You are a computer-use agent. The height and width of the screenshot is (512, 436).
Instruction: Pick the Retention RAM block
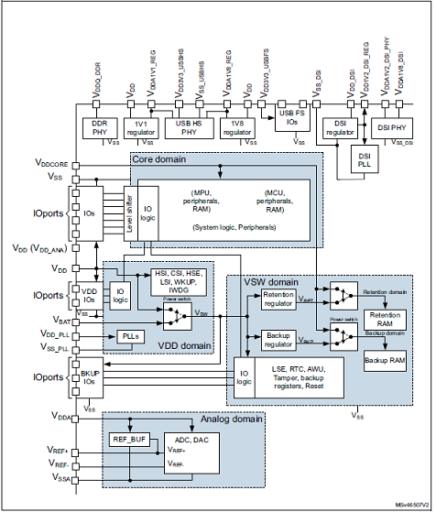tap(386, 320)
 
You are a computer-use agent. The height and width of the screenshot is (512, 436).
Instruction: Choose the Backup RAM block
tap(386, 363)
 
